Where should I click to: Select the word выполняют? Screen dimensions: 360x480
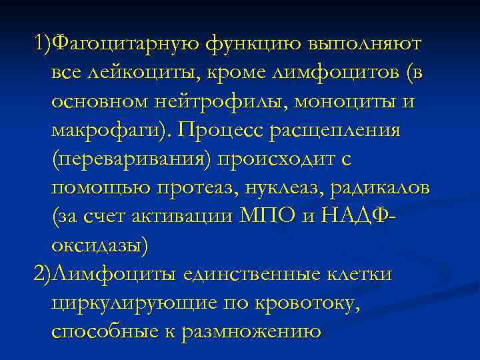click(x=365, y=44)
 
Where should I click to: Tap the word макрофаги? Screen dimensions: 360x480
click(x=103, y=130)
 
